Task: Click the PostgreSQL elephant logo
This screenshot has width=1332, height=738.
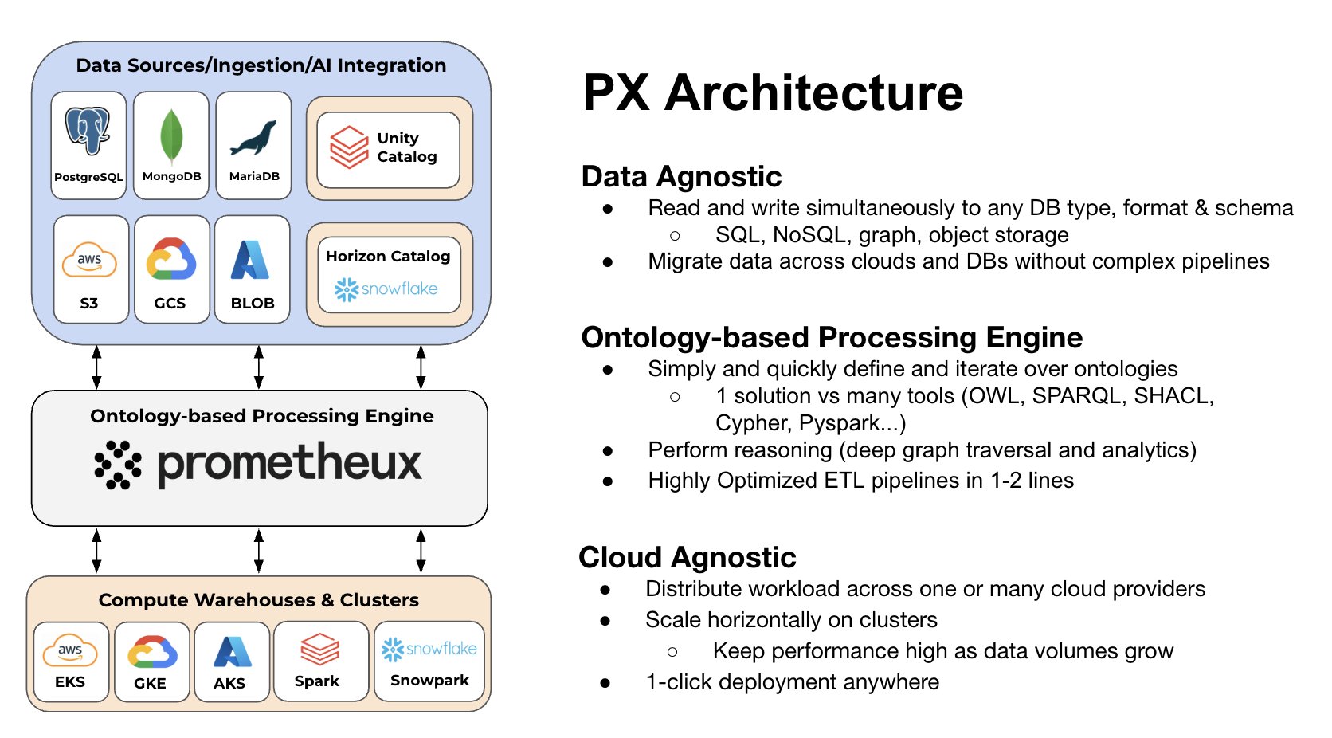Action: click(88, 131)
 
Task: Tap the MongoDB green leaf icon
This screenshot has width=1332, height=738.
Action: click(171, 136)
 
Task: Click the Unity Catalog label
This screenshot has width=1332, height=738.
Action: click(406, 147)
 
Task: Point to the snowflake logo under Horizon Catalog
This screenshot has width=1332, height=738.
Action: click(387, 289)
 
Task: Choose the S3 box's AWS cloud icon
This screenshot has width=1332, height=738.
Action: click(89, 261)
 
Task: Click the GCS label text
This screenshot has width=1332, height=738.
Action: click(170, 304)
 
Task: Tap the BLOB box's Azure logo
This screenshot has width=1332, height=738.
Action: click(250, 261)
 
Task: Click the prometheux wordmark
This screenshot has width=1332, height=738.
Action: click(289, 464)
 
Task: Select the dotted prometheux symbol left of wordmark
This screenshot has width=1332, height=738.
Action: click(118, 464)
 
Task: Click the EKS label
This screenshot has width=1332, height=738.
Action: click(70, 682)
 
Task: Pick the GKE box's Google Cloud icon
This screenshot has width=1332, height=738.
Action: click(152, 652)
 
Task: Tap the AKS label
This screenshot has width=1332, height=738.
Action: click(229, 684)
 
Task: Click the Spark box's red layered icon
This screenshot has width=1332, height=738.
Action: click(319, 650)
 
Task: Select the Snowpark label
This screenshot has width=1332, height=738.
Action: click(429, 681)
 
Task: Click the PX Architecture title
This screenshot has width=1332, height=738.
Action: click(772, 92)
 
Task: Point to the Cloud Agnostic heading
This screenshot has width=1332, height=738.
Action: click(687, 557)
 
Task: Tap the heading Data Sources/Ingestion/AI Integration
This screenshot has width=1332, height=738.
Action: click(261, 65)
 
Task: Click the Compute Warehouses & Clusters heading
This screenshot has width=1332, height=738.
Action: click(258, 600)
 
